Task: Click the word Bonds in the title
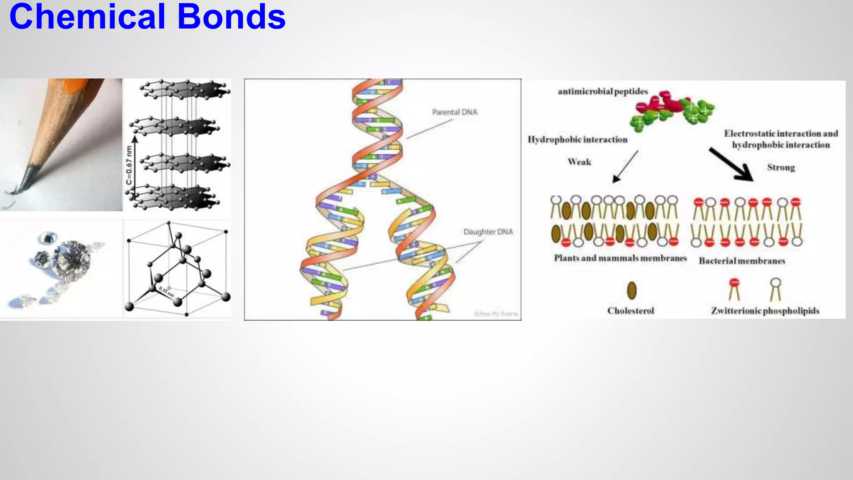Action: pos(232,17)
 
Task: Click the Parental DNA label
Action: pos(454,112)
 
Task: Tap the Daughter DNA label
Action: pos(488,232)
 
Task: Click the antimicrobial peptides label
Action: pos(603,91)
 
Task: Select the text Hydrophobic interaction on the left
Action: pos(577,140)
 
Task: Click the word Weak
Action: pos(579,162)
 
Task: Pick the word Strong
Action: pos(781,167)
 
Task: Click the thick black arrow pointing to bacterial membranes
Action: pos(731,165)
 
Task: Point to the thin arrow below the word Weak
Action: pos(625,166)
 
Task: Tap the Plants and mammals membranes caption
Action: pos(620,258)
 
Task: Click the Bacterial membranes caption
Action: pos(742,261)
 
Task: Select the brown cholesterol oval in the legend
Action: pos(632,290)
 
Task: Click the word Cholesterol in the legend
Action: pos(631,311)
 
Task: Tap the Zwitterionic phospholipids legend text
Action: pos(765,311)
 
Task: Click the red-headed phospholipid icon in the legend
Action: pos(734,288)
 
